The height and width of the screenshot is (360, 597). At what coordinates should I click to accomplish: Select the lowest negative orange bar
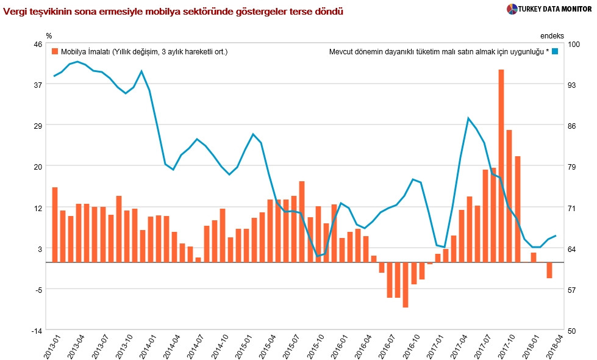pos(405,285)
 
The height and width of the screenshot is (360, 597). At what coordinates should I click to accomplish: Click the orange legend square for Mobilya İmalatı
pos(55,52)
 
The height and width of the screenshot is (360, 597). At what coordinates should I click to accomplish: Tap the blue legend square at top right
pos(555,52)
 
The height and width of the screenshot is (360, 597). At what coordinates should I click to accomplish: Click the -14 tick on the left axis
pos(37,330)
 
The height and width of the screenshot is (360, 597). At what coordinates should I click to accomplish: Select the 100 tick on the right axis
pos(573,44)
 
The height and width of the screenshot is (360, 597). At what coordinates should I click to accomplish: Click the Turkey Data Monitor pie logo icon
pos(512,9)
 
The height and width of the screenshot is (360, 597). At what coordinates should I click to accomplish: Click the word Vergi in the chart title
pos(15,12)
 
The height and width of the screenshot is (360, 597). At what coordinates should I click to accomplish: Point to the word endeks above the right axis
pos(552,35)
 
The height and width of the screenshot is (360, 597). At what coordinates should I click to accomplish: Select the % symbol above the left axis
pos(49,35)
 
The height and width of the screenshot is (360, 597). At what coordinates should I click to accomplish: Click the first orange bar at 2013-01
pos(55,225)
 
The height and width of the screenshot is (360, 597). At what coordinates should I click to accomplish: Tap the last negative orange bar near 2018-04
pos(549,270)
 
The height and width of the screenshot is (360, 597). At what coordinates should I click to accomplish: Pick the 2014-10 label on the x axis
pos(222,347)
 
